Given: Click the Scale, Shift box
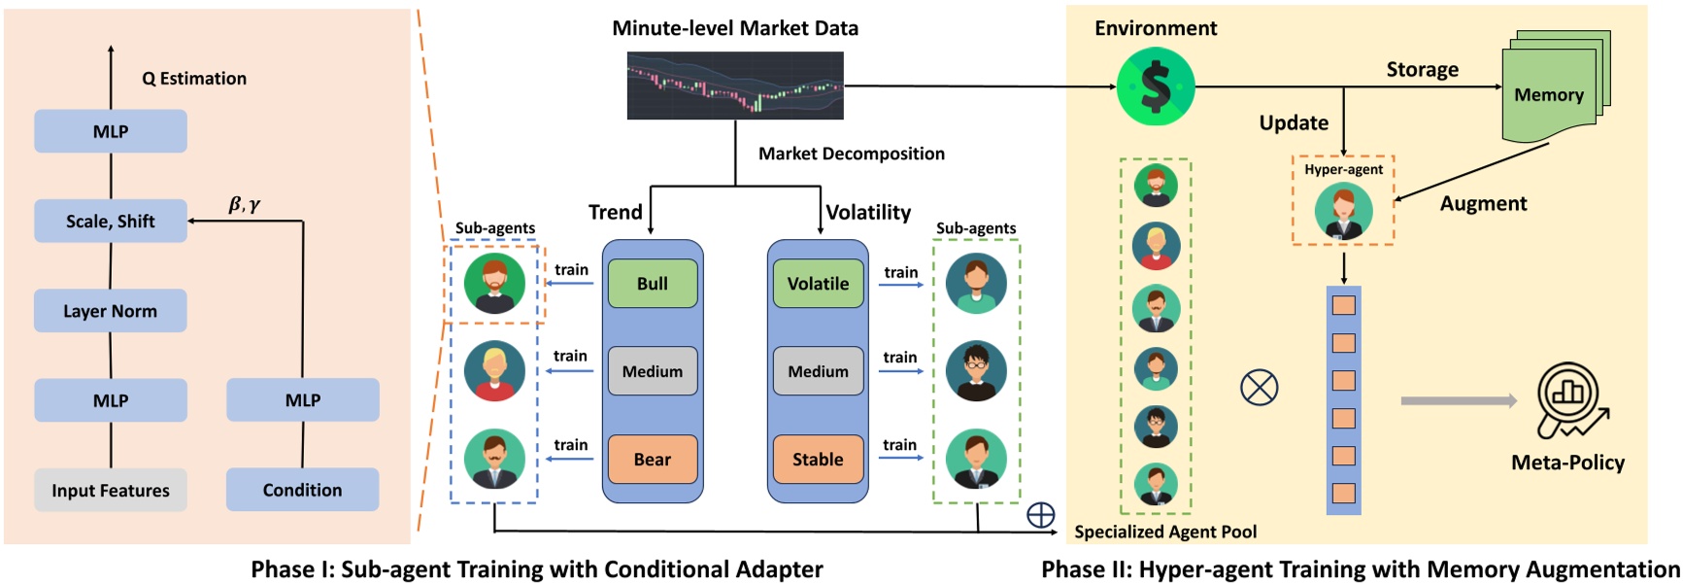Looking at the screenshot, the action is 111,221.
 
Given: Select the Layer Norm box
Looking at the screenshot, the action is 111,311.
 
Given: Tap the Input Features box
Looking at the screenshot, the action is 111,490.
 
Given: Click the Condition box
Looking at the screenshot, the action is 303,490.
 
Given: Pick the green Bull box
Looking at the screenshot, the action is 653,284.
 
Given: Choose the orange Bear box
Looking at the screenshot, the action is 653,460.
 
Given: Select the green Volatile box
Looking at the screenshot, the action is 818,284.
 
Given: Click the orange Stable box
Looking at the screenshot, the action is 818,460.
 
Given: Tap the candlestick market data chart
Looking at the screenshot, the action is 735,86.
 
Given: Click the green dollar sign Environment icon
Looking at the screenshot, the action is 1156,87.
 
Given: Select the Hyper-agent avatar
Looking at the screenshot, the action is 1343,211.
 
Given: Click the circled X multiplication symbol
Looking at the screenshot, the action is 1260,388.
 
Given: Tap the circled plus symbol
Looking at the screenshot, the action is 1041,515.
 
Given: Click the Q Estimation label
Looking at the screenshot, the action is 194,79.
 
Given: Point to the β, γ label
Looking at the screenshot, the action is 245,204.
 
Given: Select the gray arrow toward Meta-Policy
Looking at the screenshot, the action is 1459,400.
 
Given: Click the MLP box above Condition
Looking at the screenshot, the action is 303,399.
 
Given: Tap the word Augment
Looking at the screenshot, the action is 1483,204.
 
